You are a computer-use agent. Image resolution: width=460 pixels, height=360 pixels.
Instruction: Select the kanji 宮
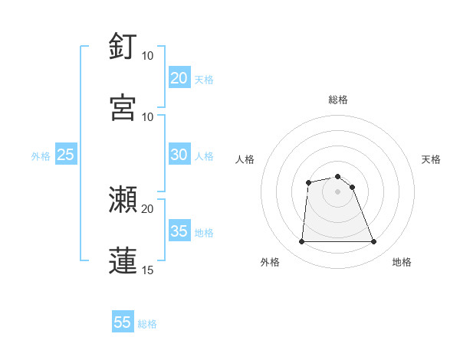tap(123, 106)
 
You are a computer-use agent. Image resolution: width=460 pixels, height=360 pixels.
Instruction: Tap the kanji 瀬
tap(123, 199)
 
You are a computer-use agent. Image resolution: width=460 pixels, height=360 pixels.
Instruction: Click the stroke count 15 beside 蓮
tap(147, 270)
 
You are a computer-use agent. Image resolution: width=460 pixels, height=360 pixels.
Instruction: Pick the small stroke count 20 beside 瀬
tap(147, 208)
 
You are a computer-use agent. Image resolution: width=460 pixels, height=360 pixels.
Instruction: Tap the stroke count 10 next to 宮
tap(147, 116)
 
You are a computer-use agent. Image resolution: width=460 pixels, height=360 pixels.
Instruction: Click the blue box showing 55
tap(123, 322)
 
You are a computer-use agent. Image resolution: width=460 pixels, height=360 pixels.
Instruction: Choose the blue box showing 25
tap(65, 155)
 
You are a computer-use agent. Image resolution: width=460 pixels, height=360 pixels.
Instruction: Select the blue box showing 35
tap(179, 231)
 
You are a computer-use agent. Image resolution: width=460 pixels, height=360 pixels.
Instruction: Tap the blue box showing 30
tap(179, 155)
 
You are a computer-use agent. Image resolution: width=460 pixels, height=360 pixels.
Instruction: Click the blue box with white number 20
tap(179, 78)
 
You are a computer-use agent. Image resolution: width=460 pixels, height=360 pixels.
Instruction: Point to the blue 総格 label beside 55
tap(147, 324)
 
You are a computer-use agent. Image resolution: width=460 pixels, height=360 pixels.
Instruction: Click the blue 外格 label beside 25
tap(41, 156)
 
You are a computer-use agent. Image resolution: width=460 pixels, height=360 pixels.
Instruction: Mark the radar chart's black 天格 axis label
tap(432, 159)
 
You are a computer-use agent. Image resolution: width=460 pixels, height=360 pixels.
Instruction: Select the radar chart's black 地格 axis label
tap(402, 262)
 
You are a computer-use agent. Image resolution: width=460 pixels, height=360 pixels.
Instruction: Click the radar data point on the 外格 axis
tap(301, 242)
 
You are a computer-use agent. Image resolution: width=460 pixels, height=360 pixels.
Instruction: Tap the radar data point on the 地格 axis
tap(374, 242)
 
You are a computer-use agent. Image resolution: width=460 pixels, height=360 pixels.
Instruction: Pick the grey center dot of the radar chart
tap(337, 191)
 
